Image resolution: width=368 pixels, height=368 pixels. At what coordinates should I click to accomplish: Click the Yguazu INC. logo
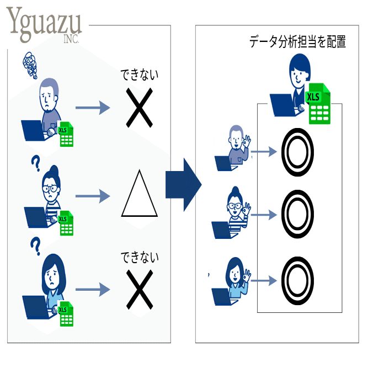pyautogui.click(x=44, y=25)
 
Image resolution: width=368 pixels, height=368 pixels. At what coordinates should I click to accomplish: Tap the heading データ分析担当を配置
pyautogui.click(x=297, y=42)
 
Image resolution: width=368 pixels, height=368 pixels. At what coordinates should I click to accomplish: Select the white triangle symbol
pyautogui.click(x=140, y=193)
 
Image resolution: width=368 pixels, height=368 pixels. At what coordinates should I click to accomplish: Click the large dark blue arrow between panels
pyautogui.click(x=183, y=185)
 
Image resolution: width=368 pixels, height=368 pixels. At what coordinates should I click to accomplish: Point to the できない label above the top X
pyautogui.click(x=140, y=75)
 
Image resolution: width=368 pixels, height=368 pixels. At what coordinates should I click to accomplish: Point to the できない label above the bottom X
pyautogui.click(x=140, y=257)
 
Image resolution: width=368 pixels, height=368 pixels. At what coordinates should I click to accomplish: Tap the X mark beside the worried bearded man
pyautogui.click(x=140, y=108)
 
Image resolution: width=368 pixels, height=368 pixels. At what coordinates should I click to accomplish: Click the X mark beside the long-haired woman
pyautogui.click(x=140, y=290)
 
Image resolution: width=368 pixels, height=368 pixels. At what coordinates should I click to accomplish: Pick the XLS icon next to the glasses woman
pyautogui.click(x=66, y=223)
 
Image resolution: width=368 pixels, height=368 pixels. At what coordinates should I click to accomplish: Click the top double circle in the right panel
pyautogui.click(x=297, y=152)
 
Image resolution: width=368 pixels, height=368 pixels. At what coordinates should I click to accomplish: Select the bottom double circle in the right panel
pyautogui.click(x=297, y=281)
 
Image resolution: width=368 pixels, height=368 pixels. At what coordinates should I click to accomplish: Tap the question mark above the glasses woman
pyautogui.click(x=36, y=164)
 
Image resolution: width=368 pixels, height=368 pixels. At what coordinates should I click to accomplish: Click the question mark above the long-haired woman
pyautogui.click(x=36, y=246)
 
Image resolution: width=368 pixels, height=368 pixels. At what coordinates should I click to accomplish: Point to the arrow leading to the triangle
pyautogui.click(x=93, y=196)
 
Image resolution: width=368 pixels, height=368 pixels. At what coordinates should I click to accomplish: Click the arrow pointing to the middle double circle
pyautogui.click(x=264, y=215)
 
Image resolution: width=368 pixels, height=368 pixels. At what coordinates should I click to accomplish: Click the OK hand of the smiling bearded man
pyautogui.click(x=247, y=141)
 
